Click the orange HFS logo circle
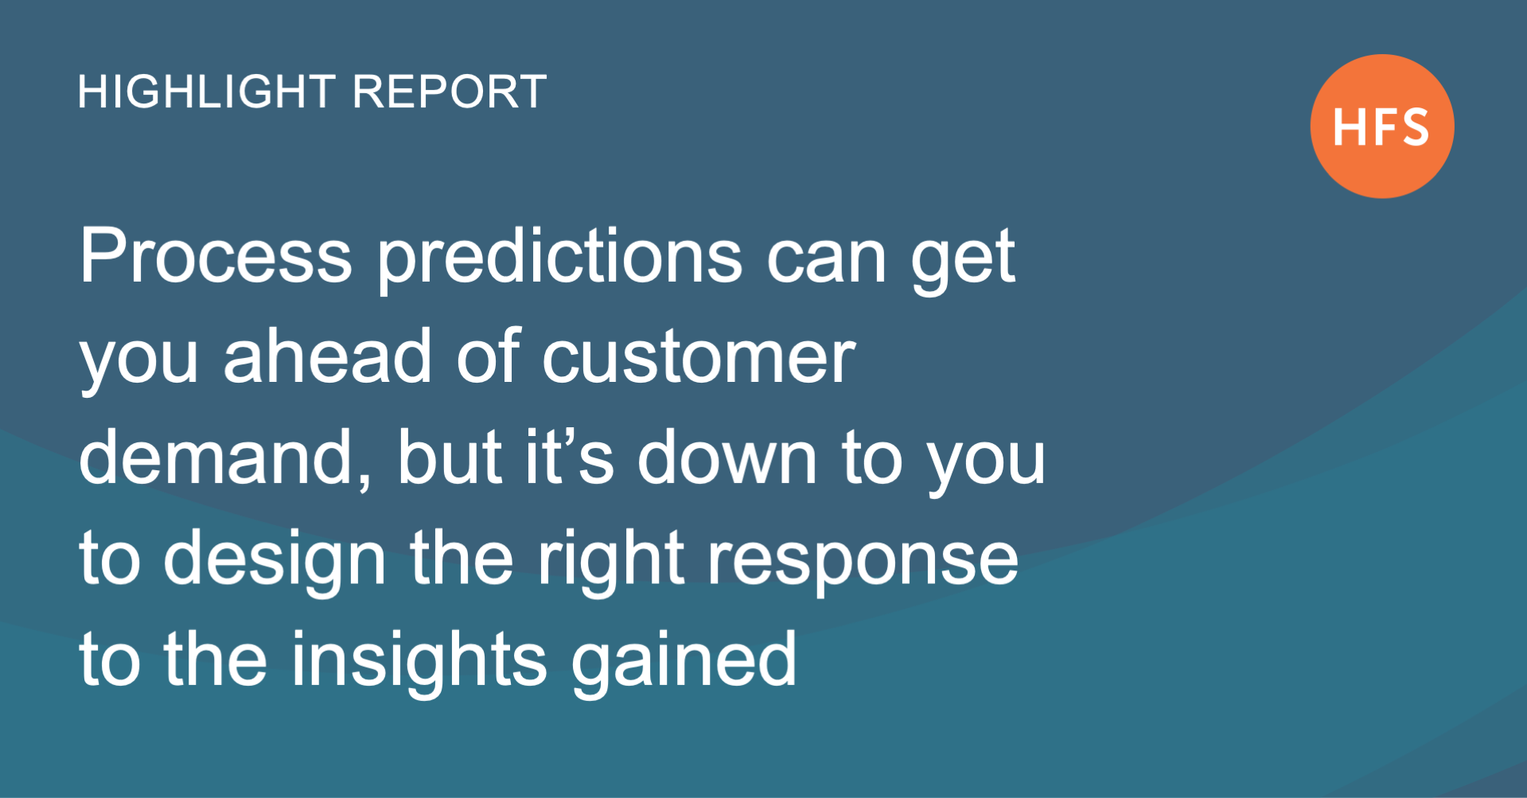pos(1382,126)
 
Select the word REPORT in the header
pos(449,91)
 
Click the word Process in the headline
pos(216,256)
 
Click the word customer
pos(699,357)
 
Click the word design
pos(275,559)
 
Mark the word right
pos(610,559)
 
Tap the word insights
pos(419,660)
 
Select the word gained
pos(684,660)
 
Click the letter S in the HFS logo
pos(1411,127)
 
